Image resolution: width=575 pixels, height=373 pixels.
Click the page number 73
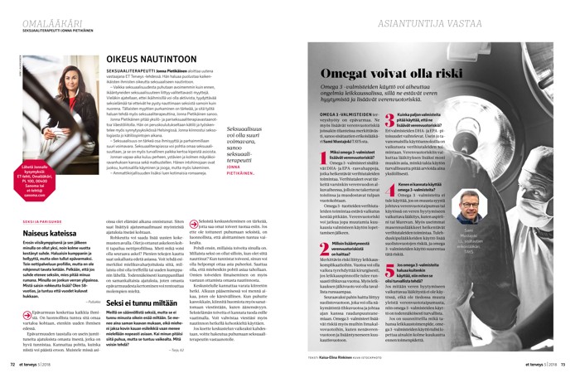pyautogui.click(x=562, y=362)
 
